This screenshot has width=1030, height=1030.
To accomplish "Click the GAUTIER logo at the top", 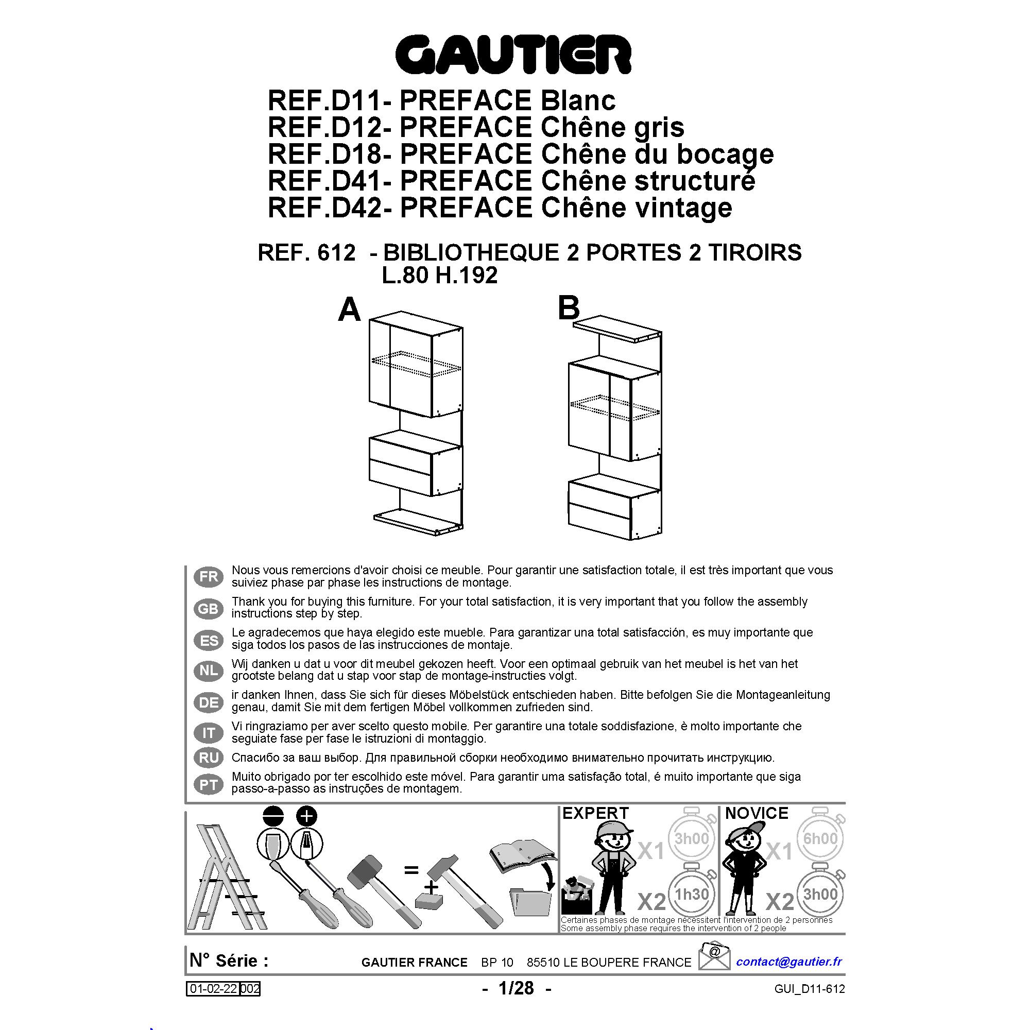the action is click(513, 55).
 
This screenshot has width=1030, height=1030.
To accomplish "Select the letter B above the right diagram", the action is click(569, 308).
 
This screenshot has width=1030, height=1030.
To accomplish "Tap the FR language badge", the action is click(209, 577).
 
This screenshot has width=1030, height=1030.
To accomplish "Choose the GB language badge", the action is click(209, 608).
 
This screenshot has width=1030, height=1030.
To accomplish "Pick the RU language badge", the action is click(209, 758).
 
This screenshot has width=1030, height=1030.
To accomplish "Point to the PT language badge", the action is click(209, 785).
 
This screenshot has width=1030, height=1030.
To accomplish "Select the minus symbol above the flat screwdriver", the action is click(273, 816).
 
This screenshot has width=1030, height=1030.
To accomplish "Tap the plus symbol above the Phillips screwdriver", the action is click(306, 816).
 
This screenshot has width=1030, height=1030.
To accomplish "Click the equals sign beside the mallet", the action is click(411, 870).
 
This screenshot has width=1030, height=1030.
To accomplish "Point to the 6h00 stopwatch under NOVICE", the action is click(820, 837).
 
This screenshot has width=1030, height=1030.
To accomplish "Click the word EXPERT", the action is click(595, 814).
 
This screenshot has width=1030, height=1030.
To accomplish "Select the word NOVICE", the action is click(757, 814).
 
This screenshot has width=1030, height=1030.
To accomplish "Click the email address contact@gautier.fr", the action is click(789, 961).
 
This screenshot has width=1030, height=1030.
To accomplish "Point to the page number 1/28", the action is click(516, 988).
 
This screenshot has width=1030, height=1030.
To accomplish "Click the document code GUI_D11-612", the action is click(810, 989).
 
